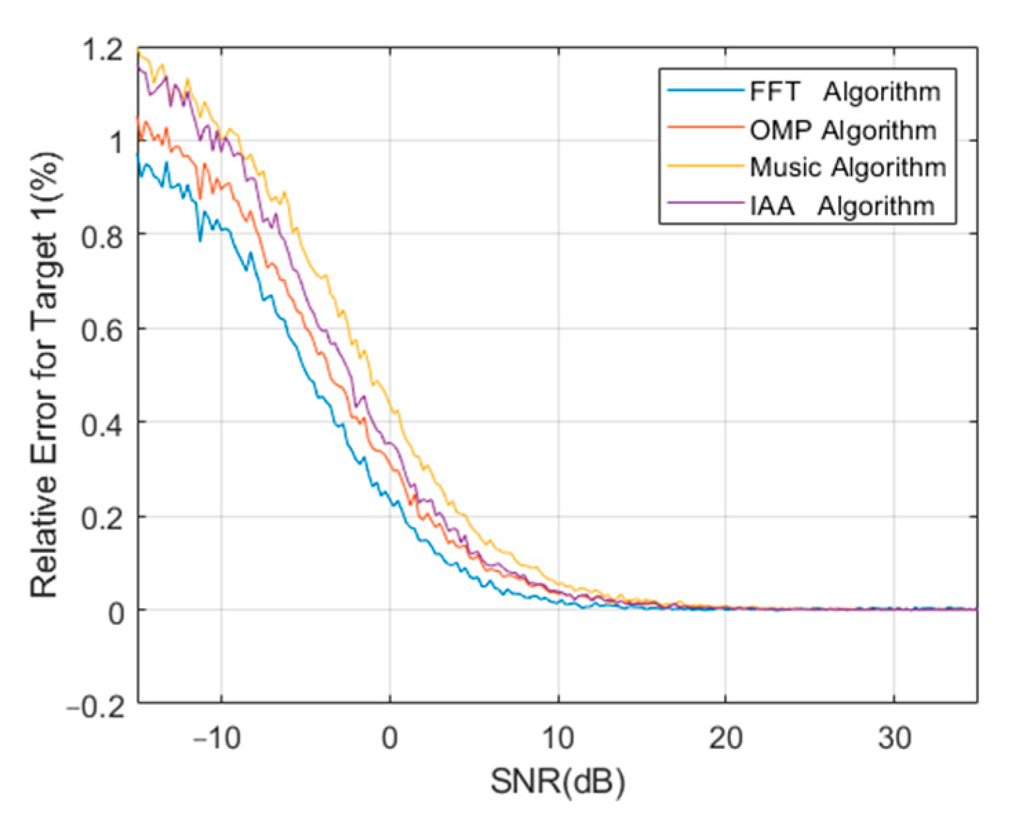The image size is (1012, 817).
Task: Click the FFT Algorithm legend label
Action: coord(845,92)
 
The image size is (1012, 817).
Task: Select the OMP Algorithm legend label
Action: coord(843,130)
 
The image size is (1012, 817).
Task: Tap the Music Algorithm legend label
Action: coord(847,168)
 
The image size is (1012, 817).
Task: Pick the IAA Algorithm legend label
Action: coord(842,205)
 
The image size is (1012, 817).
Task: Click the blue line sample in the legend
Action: coord(705,91)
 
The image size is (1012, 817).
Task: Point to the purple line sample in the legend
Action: coord(705,204)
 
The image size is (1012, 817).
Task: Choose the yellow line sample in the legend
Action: coord(705,166)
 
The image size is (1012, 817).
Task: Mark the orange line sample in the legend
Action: coord(705,128)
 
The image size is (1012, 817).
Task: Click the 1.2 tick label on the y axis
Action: coord(102,50)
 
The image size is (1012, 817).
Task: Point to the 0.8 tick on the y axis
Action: coord(102,236)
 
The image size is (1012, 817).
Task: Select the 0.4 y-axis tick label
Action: coord(102,425)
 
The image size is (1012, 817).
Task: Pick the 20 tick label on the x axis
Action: coord(725,738)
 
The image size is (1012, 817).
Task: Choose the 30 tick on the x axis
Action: coord(894,738)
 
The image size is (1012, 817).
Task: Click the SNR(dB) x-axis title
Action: coord(557,783)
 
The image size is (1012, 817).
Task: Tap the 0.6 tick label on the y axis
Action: coord(102,330)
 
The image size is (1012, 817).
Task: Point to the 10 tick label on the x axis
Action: coord(557,738)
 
